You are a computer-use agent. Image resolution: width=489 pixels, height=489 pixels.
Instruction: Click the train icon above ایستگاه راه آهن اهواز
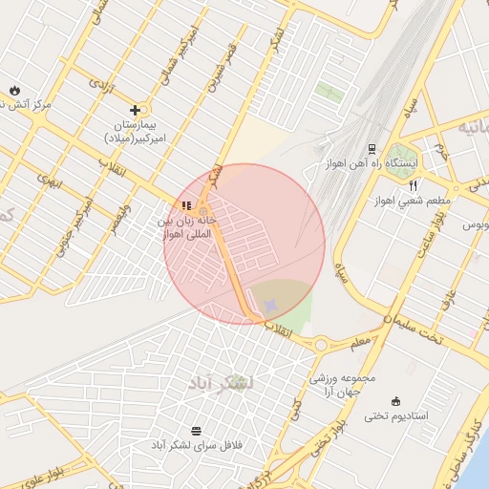371,149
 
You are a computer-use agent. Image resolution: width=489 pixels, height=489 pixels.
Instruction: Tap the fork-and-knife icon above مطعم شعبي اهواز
413,185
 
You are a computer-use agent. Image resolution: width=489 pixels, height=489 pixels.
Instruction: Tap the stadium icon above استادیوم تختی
396,401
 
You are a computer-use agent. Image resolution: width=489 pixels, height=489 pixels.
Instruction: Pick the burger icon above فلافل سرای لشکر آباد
197,431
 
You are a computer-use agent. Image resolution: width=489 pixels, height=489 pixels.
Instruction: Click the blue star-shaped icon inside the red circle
270,304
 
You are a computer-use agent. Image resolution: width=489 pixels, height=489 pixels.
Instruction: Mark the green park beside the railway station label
402,153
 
